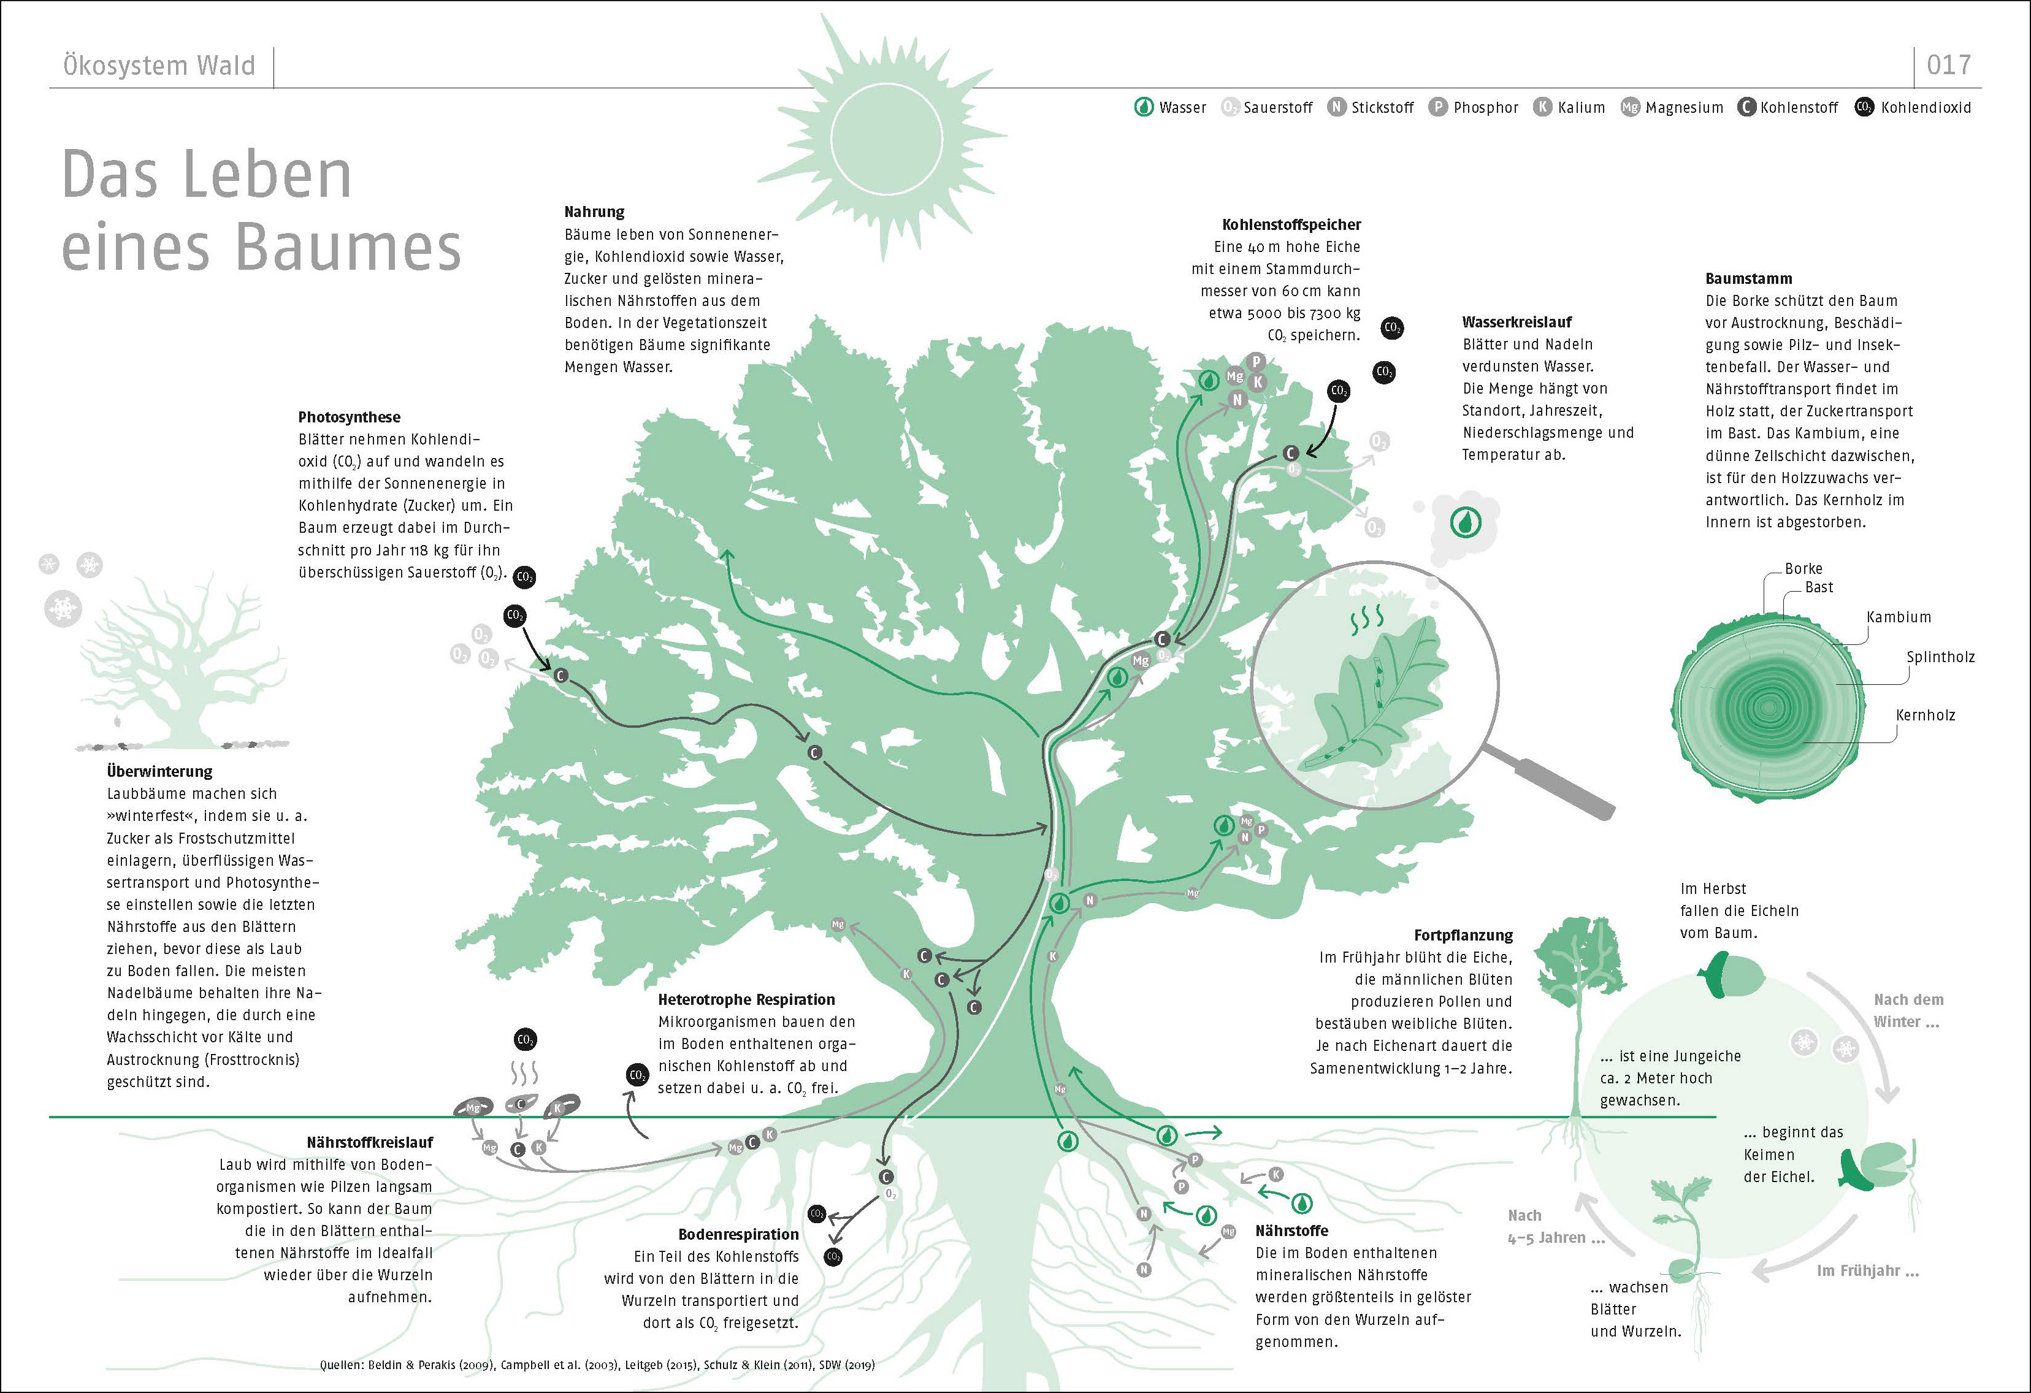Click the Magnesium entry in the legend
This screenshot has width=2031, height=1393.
pos(1673,107)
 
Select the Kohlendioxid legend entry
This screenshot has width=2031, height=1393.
pos(1914,107)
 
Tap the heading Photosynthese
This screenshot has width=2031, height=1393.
pos(349,417)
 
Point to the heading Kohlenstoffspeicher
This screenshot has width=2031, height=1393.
pos(1291,224)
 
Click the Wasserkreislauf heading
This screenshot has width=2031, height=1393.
pos(1517,322)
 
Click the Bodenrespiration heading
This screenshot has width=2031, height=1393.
pos(738,1234)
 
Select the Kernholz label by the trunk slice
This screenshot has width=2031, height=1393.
pos(1926,715)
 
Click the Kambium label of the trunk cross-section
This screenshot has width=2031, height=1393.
pos(1898,617)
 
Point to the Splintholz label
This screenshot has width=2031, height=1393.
pos(1940,657)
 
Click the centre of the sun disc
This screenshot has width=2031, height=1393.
pos(886,137)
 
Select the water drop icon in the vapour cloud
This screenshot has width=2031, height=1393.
pos(1466,522)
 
